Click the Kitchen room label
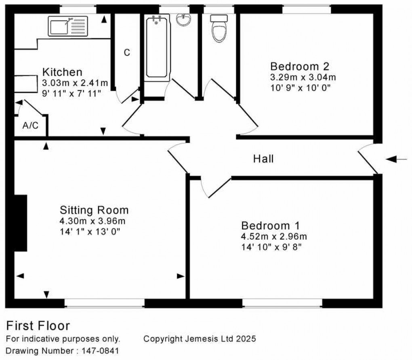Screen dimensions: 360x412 tap(63, 72)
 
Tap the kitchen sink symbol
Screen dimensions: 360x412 tap(67, 25)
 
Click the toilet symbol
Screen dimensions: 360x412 tap(219, 29)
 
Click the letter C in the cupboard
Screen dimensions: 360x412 tap(127, 53)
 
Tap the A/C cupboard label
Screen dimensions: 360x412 tap(30, 126)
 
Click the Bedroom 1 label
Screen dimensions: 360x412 tap(271, 225)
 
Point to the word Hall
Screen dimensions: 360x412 tap(263, 159)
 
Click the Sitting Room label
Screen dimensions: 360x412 tap(94, 210)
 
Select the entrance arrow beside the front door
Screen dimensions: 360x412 tap(396, 159)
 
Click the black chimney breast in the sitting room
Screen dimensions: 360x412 tap(21, 223)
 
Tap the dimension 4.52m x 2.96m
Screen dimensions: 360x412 tap(274, 236)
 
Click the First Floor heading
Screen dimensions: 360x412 tap(38, 326)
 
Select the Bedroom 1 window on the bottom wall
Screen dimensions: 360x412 tap(282, 302)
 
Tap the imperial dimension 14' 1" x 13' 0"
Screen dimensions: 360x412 tap(90, 232)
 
